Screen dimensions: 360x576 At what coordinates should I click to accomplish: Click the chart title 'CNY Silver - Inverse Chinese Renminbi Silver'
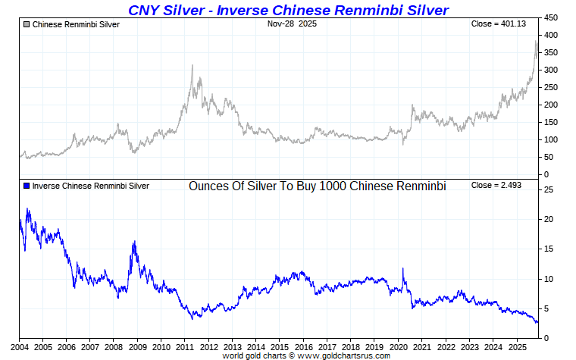pyautogui.click(x=288, y=10)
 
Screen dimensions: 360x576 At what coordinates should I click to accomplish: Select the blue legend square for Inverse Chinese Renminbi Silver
pyautogui.click(x=27, y=186)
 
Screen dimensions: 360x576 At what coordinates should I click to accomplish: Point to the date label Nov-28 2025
pyautogui.click(x=292, y=24)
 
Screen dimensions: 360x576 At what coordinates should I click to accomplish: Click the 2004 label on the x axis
pyautogui.click(x=19, y=346)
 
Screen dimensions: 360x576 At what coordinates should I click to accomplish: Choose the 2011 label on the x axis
pyautogui.click(x=185, y=346)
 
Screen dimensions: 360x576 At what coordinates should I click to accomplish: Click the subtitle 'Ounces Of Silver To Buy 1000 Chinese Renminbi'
pyautogui.click(x=317, y=186)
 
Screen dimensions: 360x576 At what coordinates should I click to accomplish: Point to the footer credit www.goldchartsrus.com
pyautogui.click(x=306, y=355)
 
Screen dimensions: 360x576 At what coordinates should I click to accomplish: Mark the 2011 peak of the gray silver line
pyautogui.click(x=193, y=65)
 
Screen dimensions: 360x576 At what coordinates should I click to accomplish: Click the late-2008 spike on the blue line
pyautogui.click(x=134, y=242)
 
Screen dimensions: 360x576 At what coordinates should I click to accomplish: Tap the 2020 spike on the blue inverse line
pyautogui.click(x=402, y=268)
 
